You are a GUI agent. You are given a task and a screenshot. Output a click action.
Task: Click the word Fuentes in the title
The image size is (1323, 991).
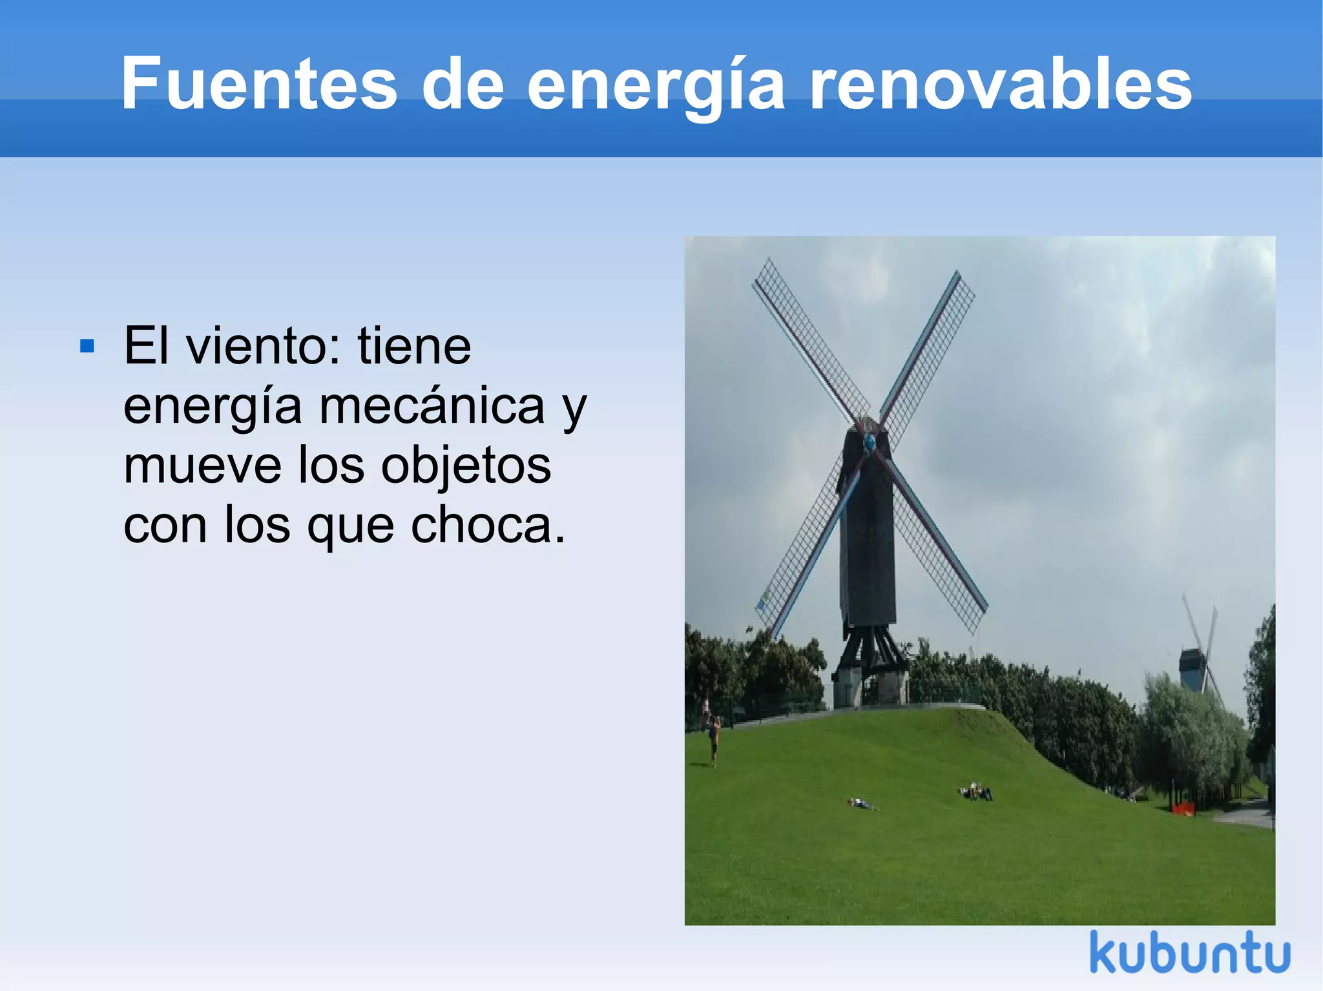pos(258,84)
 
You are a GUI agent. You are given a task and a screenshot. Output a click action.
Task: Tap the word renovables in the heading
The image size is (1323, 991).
pos(1000,84)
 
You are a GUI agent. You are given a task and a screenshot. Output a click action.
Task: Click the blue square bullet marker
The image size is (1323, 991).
pos(87,347)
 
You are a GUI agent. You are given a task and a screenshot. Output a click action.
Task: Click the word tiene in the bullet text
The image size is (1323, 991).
pos(414,347)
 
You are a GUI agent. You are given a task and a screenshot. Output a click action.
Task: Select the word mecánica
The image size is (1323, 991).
pos(432,407)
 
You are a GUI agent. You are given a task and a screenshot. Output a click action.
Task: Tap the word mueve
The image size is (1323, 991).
pos(202,466)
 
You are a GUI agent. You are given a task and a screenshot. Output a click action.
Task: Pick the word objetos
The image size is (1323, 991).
pos(466,466)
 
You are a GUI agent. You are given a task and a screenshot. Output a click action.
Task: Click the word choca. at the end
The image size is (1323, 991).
pos(488,526)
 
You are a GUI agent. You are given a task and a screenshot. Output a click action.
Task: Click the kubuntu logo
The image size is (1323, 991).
pos(1189,953)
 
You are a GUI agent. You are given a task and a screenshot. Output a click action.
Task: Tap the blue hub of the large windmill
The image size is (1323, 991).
pos(870,442)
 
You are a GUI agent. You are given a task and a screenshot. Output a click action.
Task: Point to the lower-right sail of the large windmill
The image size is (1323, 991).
pos(940,549)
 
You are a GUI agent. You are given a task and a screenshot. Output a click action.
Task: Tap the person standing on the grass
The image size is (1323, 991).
pos(713,739)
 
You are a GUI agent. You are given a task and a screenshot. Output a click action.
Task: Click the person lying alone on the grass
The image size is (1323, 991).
pos(861,804)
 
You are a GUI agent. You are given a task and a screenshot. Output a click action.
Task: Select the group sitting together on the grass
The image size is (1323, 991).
pos(975,792)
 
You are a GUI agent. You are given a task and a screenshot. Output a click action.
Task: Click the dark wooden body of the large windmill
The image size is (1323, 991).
pos(868,549)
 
